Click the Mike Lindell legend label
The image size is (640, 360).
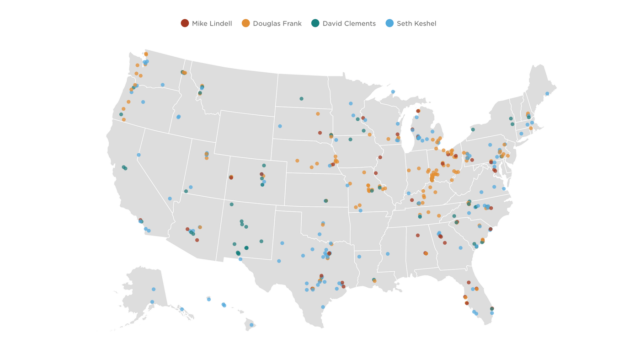(x=212, y=23)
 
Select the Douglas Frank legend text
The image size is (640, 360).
(x=277, y=23)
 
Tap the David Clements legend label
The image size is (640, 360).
(x=349, y=23)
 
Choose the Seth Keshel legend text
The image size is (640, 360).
(x=416, y=23)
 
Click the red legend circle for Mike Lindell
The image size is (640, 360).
(x=185, y=23)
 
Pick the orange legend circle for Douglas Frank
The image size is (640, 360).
(x=246, y=23)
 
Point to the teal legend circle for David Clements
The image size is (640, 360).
(x=315, y=23)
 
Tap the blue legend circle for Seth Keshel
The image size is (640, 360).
(x=389, y=23)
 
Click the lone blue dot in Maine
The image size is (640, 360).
(x=547, y=94)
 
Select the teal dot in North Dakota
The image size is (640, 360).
(x=301, y=99)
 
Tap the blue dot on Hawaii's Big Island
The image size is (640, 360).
(x=251, y=325)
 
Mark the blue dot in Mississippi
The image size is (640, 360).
(x=388, y=254)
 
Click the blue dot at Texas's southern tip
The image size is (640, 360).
(x=323, y=307)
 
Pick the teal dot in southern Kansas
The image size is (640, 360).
(x=326, y=201)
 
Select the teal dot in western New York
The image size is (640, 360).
(x=473, y=130)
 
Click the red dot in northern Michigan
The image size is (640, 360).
(x=418, y=111)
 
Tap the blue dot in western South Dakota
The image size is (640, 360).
(x=280, y=126)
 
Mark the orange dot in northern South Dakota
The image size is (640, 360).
(x=318, y=114)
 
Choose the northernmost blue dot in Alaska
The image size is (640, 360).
(x=154, y=289)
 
